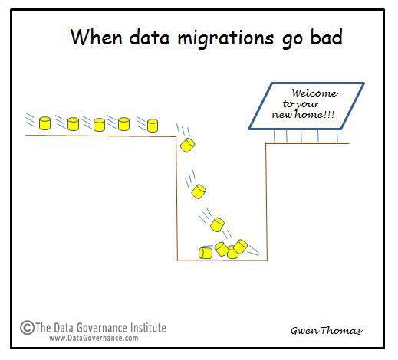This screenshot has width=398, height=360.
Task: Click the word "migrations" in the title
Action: (225, 38)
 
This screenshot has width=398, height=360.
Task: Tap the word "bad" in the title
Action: (327, 37)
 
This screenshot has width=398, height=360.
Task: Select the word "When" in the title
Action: (97, 37)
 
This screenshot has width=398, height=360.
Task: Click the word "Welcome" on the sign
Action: (315, 93)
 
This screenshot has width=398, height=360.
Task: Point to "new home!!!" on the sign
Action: (303, 114)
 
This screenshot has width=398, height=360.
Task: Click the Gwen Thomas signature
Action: (327, 331)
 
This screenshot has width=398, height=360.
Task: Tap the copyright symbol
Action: (27, 328)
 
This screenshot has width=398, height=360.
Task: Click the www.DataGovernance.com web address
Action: (94, 338)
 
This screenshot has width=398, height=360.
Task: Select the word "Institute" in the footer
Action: (148, 328)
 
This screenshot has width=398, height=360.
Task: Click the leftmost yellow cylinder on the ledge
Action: (44, 123)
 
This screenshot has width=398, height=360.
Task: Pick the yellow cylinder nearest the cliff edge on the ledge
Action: (153, 126)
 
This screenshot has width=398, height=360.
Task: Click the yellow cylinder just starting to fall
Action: (188, 145)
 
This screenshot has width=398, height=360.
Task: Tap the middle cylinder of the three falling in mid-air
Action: (199, 191)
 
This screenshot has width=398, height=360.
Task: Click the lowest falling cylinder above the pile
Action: (217, 224)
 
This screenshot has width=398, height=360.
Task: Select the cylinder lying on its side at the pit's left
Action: (206, 253)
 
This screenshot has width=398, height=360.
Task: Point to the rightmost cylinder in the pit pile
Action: (241, 247)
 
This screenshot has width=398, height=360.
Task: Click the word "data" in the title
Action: (150, 38)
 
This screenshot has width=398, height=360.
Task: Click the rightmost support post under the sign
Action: (337, 136)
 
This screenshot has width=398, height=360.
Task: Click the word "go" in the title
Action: (292, 41)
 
